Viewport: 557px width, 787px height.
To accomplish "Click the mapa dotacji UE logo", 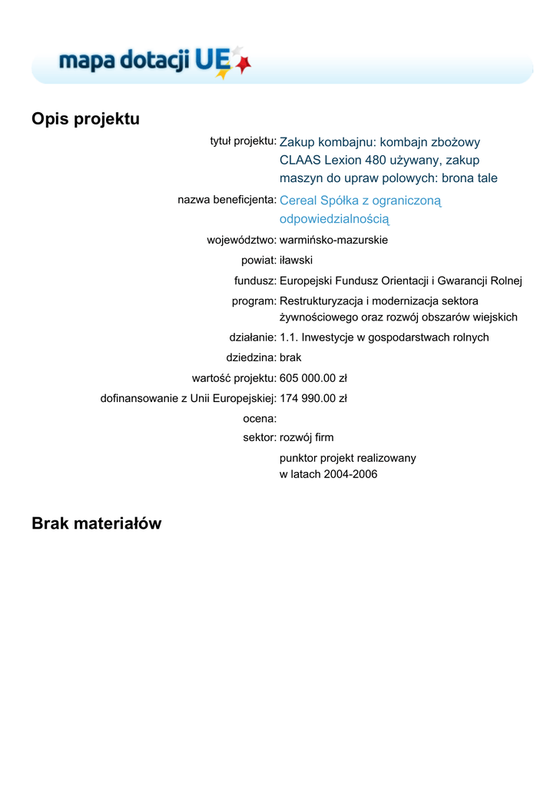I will point(154,61).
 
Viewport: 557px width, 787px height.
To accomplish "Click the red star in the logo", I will point(244,66).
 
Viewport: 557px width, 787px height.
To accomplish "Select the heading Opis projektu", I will point(85,119).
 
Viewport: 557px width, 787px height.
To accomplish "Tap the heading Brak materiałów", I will point(97,523).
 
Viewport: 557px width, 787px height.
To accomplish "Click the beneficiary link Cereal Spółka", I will point(360,201).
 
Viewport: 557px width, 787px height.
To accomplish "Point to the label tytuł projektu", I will point(243,141).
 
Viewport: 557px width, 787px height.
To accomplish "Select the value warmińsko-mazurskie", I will point(333,240).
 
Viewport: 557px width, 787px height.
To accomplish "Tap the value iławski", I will point(296,261).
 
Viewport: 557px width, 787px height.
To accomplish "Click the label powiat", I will point(258,261).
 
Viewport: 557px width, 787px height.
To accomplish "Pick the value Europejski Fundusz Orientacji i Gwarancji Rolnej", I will point(400,281).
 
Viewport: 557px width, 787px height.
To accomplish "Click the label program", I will point(254,301).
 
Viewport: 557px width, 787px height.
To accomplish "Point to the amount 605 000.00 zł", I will point(313,378).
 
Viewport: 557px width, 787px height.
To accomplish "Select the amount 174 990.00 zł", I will point(313,398).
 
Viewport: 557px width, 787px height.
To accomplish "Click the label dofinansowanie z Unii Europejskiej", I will point(188,398).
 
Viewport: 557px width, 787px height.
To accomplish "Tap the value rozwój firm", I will point(307,437).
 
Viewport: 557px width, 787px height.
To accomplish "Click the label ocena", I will point(259,418).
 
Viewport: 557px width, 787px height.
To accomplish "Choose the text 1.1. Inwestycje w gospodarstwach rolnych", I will point(384,337).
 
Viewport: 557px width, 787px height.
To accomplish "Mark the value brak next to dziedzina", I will point(290,357).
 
